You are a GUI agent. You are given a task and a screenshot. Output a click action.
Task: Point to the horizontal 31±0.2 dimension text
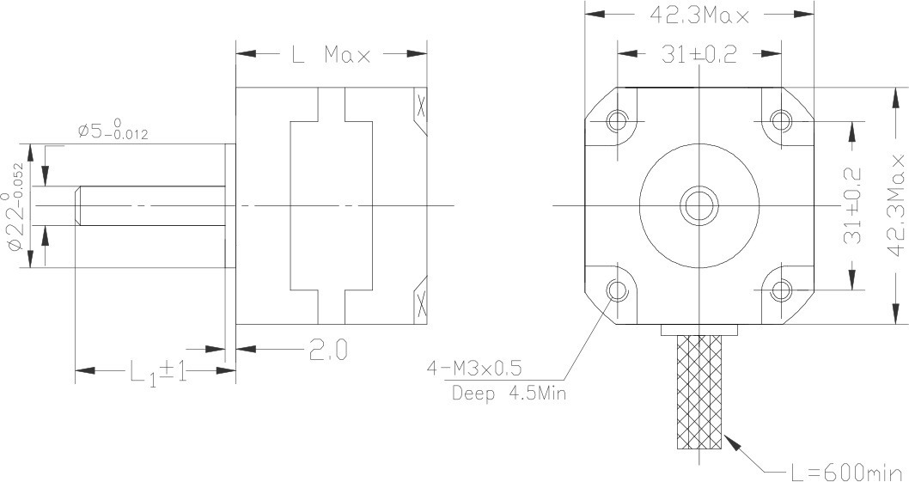(x=699, y=55)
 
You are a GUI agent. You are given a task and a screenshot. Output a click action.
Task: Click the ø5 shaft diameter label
(x=113, y=131)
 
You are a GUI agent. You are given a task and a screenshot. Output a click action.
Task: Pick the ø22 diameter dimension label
(x=17, y=205)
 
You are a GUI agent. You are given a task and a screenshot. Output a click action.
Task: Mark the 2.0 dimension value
(x=328, y=351)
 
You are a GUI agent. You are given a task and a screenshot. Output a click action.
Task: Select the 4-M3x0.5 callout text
(x=474, y=369)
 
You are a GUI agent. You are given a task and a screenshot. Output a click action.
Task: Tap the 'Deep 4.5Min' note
(x=509, y=394)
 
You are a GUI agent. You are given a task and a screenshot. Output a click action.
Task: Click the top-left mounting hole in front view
(x=618, y=120)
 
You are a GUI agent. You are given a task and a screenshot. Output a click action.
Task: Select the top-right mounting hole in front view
(x=781, y=119)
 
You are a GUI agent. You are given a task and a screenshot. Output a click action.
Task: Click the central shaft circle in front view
(x=699, y=205)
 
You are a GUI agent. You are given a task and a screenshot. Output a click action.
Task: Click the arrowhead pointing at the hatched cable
(x=732, y=443)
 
